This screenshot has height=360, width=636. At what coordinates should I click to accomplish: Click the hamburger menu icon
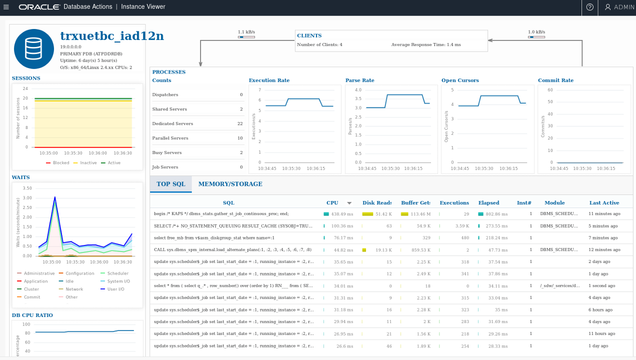(x=6, y=7)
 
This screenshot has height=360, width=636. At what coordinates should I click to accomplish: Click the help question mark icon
(x=590, y=7)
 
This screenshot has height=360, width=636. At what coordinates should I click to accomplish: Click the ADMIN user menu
(x=619, y=7)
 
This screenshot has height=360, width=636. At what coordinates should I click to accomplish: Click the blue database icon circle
(x=34, y=48)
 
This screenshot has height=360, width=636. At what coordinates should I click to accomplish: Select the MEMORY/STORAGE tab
(x=230, y=184)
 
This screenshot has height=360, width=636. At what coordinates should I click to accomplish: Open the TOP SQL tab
(x=170, y=184)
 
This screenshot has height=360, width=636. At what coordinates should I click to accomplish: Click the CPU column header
(x=332, y=203)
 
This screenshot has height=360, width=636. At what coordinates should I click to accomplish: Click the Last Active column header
(x=604, y=203)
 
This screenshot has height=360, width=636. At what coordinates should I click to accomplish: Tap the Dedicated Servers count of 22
(x=240, y=123)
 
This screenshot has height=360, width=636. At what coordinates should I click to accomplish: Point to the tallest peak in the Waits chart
(x=54, y=197)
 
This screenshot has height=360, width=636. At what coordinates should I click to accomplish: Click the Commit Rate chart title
(x=555, y=80)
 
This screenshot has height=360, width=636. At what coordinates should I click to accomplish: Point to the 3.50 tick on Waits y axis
(x=27, y=188)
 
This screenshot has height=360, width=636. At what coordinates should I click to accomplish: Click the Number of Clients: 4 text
(x=319, y=44)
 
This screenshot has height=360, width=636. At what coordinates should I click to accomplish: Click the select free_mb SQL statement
(x=214, y=238)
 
